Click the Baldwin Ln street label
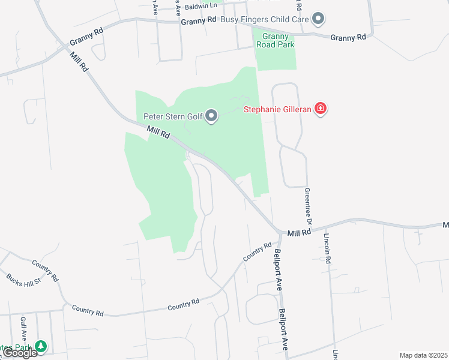(x=200, y=7)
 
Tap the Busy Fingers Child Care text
(x=265, y=19)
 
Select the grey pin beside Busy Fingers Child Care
(x=319, y=19)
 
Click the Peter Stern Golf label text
(x=172, y=116)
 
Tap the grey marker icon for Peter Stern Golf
(x=211, y=116)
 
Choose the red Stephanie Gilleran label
(x=278, y=109)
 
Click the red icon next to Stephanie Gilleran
(x=321, y=109)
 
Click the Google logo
(x=20, y=353)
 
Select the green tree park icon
(x=40, y=346)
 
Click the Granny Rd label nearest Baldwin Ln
(x=198, y=20)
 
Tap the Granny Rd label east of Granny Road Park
(x=348, y=37)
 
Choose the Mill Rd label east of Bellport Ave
(x=298, y=233)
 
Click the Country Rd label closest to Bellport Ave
(x=258, y=253)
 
